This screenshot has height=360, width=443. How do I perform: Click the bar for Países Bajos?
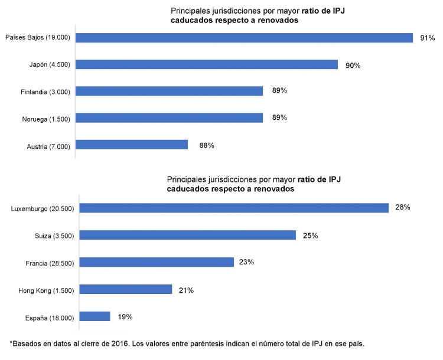click(x=244, y=38)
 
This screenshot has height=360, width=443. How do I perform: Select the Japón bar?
click(x=207, y=64)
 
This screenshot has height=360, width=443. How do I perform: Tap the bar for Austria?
click(x=132, y=145)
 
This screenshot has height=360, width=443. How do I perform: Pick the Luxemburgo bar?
click(x=234, y=208)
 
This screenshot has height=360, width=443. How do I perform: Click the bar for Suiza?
click(x=187, y=235)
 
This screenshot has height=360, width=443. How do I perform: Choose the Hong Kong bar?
click(x=125, y=289)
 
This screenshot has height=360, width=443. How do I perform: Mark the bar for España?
click(x=95, y=316)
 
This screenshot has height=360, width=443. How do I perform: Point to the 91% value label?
click(x=427, y=38)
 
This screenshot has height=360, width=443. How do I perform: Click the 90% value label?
click(x=353, y=65)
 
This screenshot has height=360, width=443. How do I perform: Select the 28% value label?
click(x=403, y=208)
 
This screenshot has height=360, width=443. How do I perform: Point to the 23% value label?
click(x=246, y=262)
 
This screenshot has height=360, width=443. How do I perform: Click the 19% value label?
click(x=125, y=317)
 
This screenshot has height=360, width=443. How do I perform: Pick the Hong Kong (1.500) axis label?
click(x=44, y=290)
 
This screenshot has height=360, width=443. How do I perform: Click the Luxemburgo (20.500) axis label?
click(x=43, y=209)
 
